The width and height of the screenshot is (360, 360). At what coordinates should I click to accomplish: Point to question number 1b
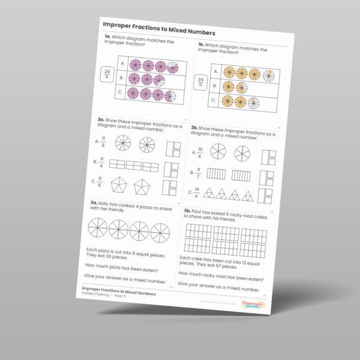point(200,45)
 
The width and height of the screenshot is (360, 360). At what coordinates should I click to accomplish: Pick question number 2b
point(194,128)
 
